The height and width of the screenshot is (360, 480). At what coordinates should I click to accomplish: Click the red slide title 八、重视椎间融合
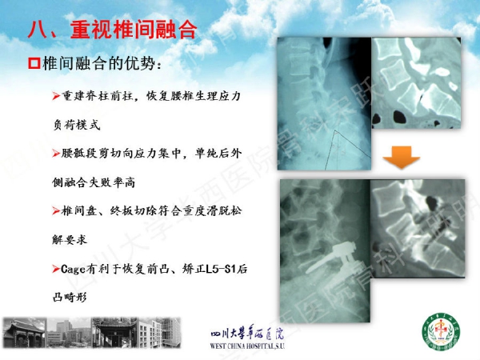pos(112,30)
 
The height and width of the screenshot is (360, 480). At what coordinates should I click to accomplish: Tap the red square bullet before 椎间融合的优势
pos(34,63)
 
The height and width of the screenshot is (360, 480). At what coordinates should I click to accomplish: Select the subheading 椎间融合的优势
pos(102,63)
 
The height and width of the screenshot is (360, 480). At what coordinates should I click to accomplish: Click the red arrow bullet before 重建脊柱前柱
pos(56,96)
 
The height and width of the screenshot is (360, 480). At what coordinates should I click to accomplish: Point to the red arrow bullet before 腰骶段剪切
pos(56,153)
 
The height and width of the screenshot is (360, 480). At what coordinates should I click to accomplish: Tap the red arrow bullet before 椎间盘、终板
pos(56,210)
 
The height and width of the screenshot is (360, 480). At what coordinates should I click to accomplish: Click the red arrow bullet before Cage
pos(56,269)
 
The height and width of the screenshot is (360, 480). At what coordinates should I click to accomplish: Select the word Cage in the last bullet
pos(73,269)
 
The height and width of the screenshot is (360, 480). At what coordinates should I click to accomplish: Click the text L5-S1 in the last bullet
pos(221,269)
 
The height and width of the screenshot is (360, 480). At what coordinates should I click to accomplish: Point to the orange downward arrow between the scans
pos(402,157)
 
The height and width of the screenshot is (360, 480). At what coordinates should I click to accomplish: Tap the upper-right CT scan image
pos(416,82)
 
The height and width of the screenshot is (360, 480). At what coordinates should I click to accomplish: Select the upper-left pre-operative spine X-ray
pos(324,103)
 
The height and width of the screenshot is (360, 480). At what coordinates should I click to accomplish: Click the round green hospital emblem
pos(441,331)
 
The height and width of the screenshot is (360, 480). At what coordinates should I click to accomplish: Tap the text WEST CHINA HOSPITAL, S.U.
pos(247,346)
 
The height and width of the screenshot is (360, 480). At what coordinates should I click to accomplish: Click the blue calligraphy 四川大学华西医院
pos(247,333)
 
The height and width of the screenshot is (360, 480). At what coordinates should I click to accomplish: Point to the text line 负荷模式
pos(77,125)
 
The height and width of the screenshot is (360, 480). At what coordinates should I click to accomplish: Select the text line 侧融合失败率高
pos(94,182)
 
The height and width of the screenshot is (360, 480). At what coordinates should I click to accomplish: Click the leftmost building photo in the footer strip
pos(25,333)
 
